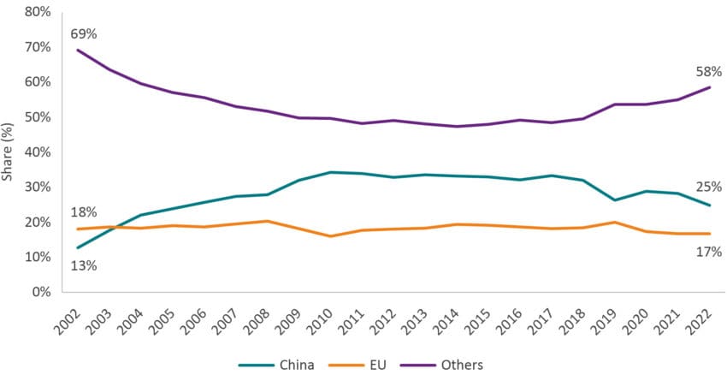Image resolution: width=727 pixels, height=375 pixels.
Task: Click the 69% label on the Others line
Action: [x=82, y=33]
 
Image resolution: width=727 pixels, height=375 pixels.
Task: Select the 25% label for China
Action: [x=710, y=187]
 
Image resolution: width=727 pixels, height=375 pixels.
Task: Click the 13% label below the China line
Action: [x=82, y=265]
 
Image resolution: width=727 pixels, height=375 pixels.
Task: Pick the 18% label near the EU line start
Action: [x=82, y=212]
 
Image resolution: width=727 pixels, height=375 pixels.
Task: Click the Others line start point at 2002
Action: [x=80, y=50]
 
